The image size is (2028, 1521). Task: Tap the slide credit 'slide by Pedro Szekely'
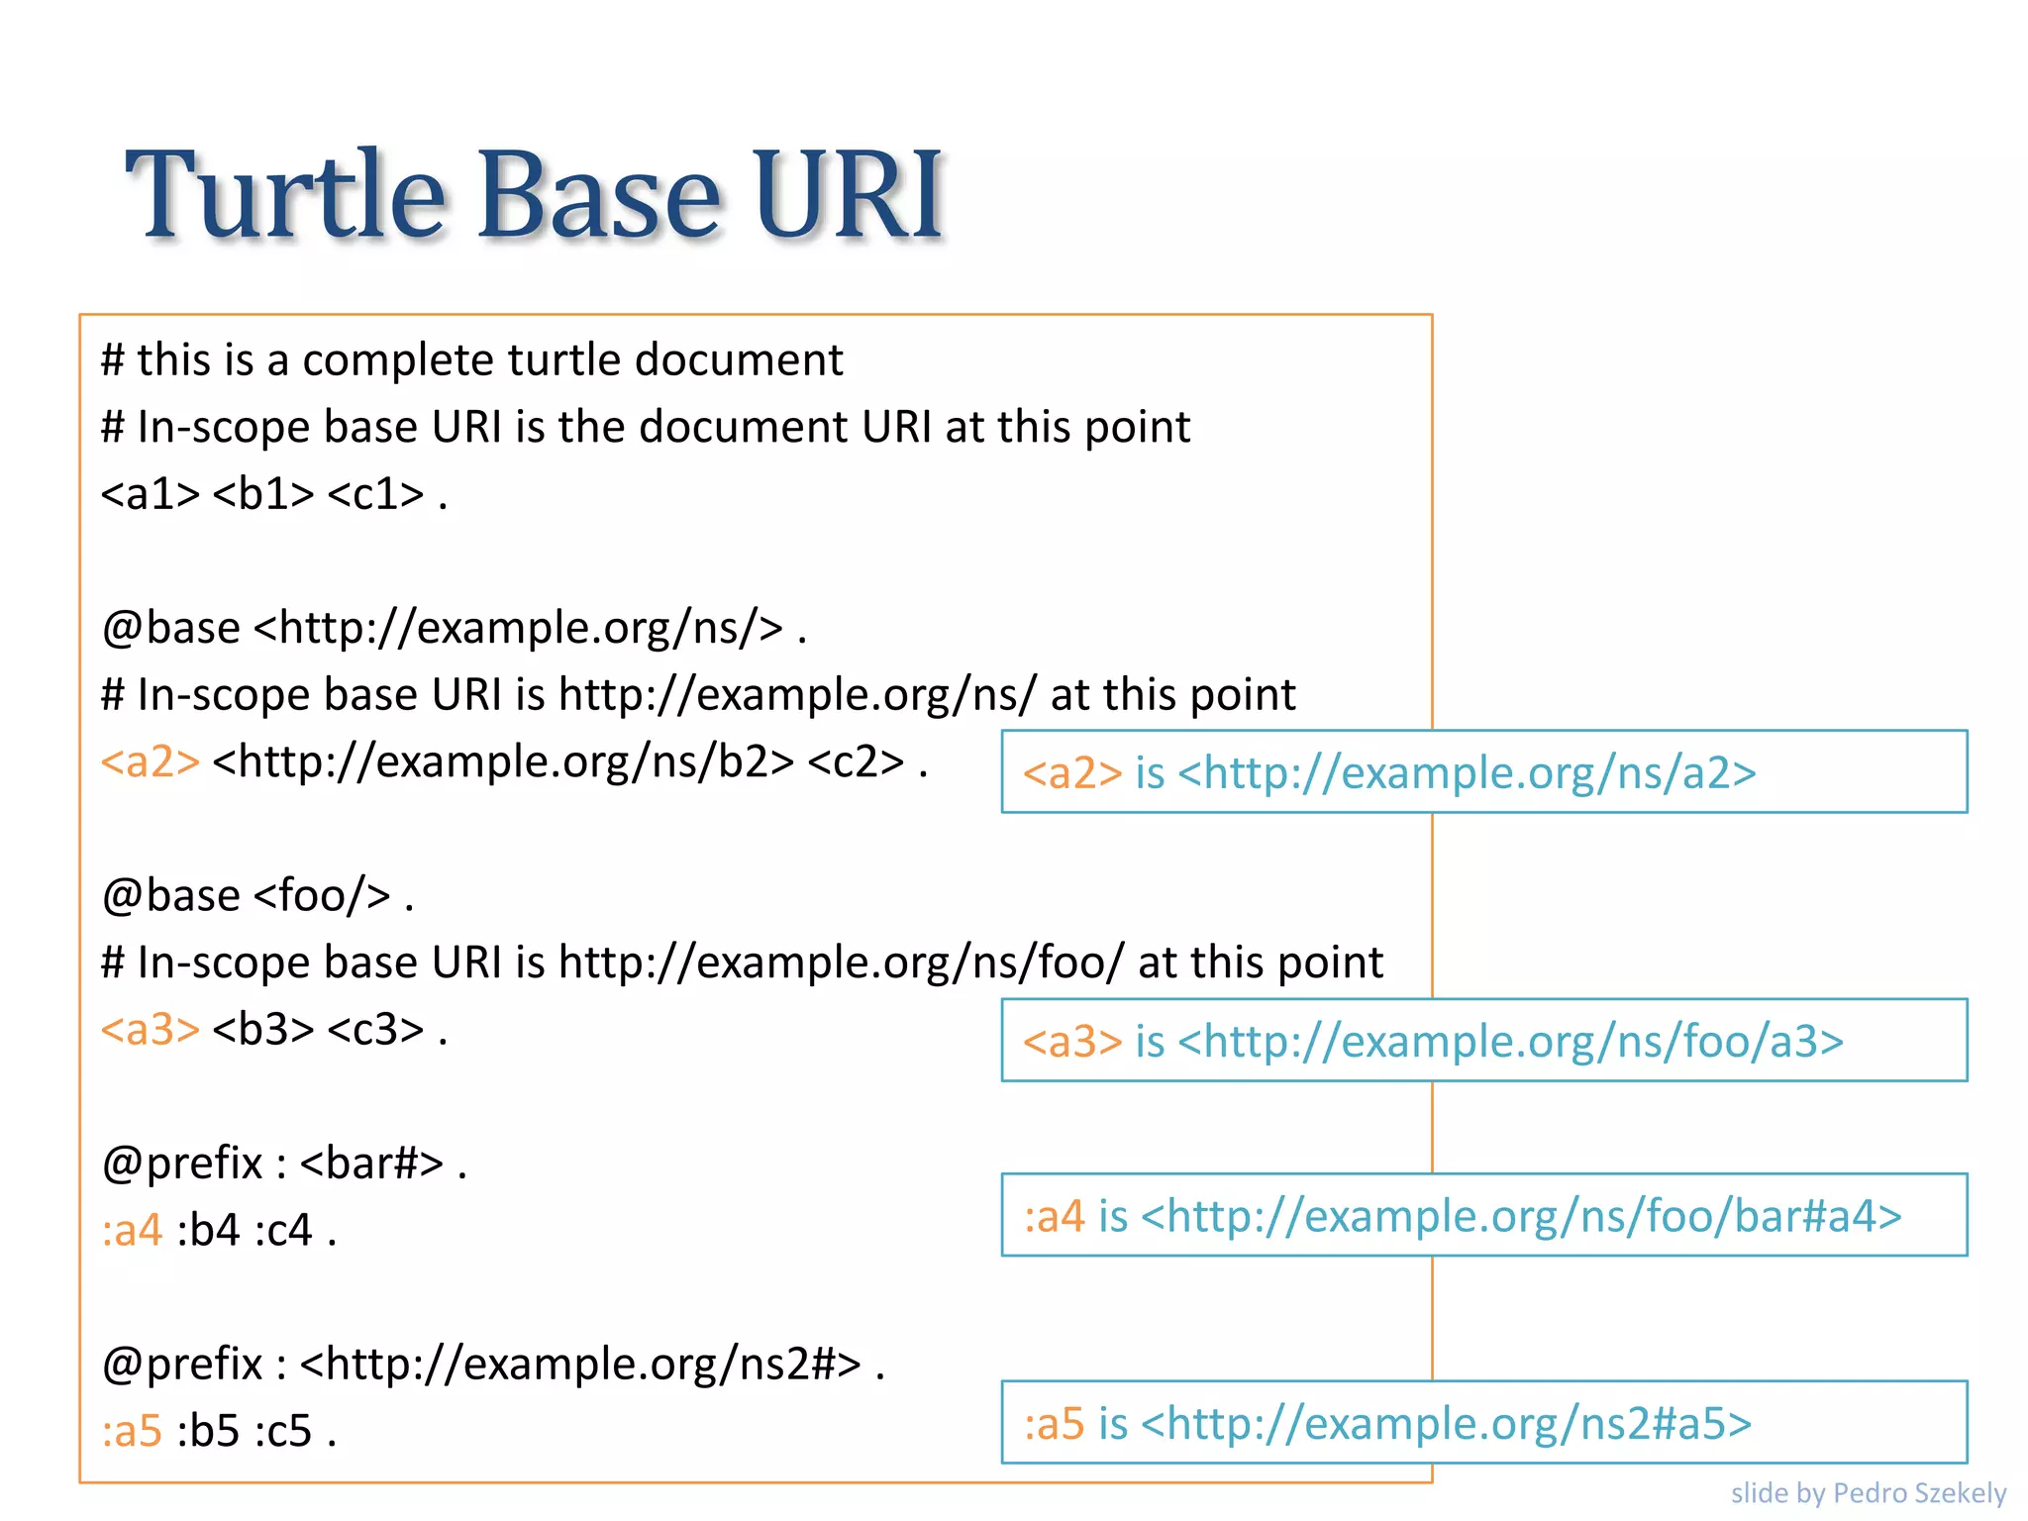pyautogui.click(x=1868, y=1492)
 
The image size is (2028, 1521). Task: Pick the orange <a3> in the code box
pyautogui.click(x=151, y=1030)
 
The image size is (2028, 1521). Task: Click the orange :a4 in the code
pyautogui.click(x=132, y=1231)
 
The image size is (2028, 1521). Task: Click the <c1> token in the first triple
pyautogui.click(x=375, y=494)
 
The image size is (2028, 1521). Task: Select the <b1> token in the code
pyautogui.click(x=262, y=494)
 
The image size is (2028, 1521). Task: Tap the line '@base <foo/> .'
pyautogui.click(x=257, y=896)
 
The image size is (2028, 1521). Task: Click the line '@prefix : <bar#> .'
pyautogui.click(x=284, y=1164)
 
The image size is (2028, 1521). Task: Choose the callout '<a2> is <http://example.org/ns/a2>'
pyautogui.click(x=1483, y=772)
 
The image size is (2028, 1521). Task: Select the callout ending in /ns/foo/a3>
pyautogui.click(x=1483, y=1041)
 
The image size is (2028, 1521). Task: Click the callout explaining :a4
pyautogui.click(x=1483, y=1216)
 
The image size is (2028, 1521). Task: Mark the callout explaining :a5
pyautogui.click(x=1483, y=1423)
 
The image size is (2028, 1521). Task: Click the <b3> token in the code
pyautogui.click(x=262, y=1030)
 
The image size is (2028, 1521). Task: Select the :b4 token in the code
pyautogui.click(x=208, y=1231)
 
